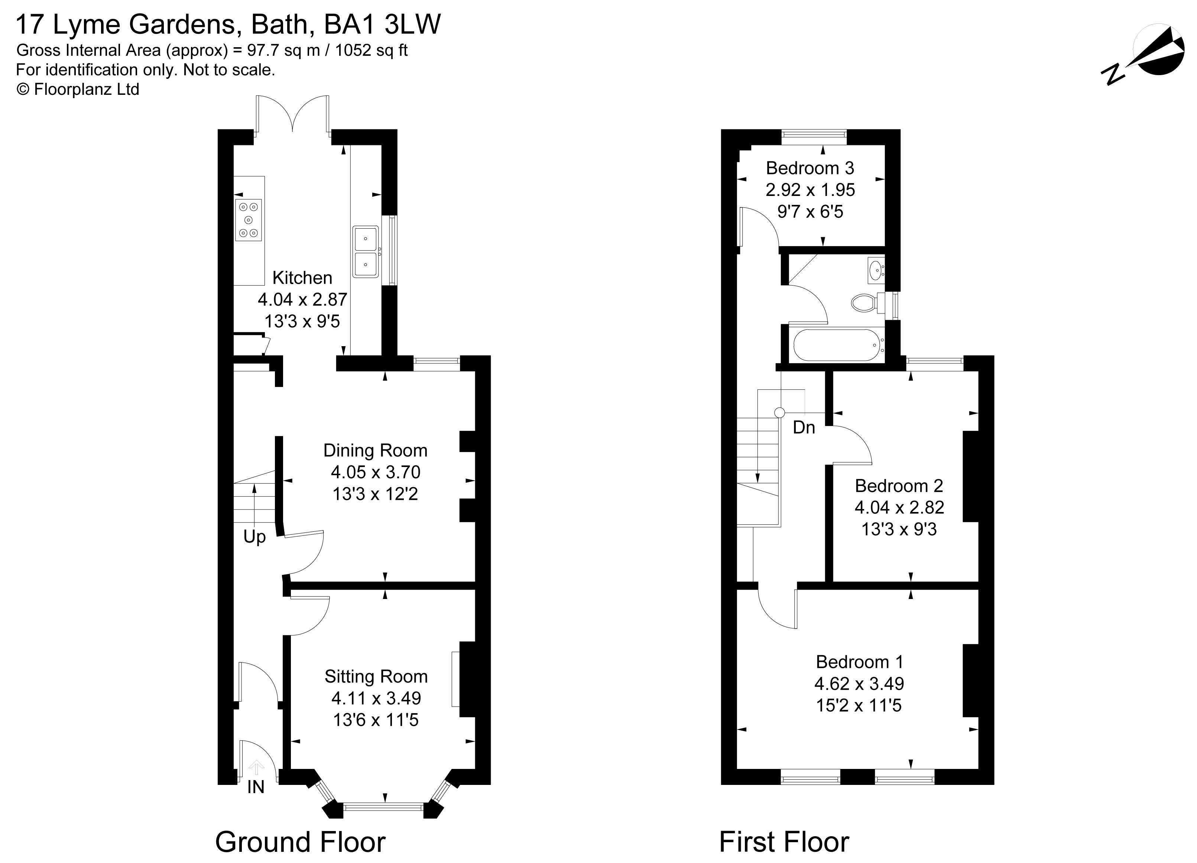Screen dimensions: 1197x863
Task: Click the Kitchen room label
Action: click(x=302, y=278)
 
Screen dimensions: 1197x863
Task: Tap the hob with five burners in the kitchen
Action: click(x=249, y=220)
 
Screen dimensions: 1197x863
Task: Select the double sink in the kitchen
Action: click(x=365, y=252)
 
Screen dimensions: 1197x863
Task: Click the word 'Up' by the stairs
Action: click(x=254, y=538)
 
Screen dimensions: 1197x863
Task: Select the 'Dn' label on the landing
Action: click(x=804, y=427)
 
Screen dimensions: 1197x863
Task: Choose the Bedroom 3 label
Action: click(x=810, y=168)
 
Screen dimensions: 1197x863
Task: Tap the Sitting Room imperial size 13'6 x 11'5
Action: click(x=376, y=720)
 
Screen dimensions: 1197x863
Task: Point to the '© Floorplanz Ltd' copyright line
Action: click(x=78, y=90)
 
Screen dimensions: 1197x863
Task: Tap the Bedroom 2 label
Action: click(x=899, y=485)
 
